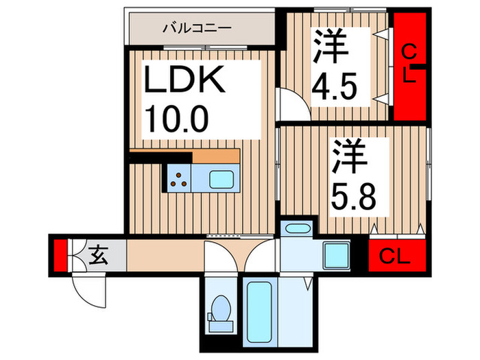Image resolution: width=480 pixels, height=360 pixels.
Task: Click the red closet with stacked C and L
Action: [x=409, y=64]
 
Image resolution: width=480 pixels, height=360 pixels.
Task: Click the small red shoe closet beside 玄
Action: [x=60, y=254]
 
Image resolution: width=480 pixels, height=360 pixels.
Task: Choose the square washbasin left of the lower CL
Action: [x=337, y=256]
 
